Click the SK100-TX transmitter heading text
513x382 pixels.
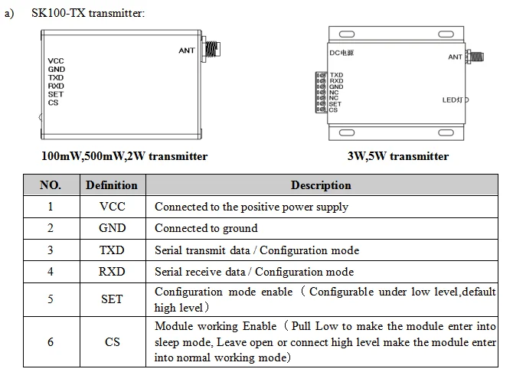coord(87,13)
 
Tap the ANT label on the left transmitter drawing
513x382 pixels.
coord(187,51)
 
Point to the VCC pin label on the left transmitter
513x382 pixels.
coord(56,60)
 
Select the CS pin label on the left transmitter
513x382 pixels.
coord(53,103)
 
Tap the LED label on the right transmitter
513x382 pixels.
coord(453,100)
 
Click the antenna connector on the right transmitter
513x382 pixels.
coord(474,56)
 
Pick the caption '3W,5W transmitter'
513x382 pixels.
coord(397,156)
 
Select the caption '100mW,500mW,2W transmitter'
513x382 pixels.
coord(124,156)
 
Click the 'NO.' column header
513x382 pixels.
coord(50,185)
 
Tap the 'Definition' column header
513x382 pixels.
coord(112,185)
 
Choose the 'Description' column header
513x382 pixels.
coord(321,185)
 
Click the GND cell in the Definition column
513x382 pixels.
coord(112,228)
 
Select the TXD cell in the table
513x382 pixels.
coord(112,250)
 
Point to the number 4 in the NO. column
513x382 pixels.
coord(50,272)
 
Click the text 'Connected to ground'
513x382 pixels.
coord(206,228)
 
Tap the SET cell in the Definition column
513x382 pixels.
coord(112,299)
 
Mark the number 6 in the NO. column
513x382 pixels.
coord(50,342)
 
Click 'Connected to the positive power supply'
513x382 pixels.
coord(251,207)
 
